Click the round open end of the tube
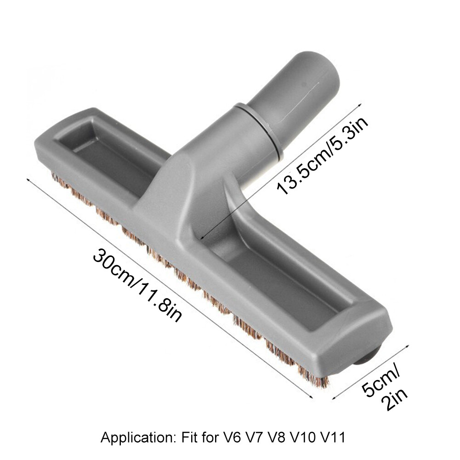[322, 74]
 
